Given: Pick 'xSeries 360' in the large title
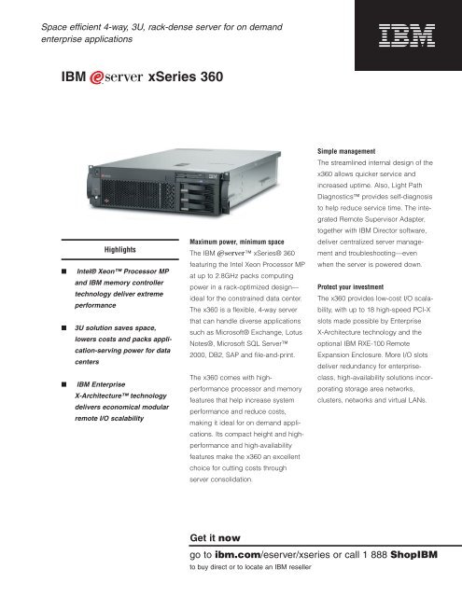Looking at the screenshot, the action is coord(186,75).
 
